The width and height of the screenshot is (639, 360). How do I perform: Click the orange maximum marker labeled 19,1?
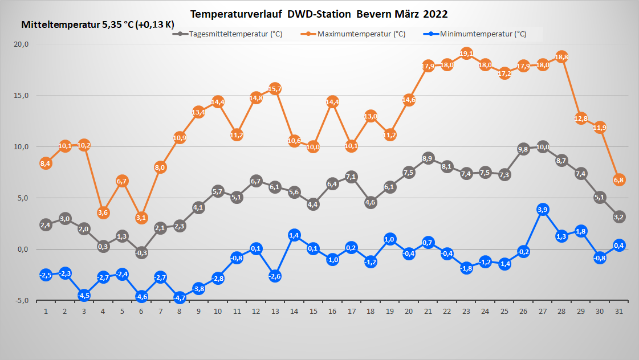point(466,54)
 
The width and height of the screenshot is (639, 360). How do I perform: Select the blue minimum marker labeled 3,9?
point(543,210)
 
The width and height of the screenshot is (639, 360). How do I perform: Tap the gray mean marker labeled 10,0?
point(543,147)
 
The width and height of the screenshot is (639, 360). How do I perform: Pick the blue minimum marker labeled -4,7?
point(180,297)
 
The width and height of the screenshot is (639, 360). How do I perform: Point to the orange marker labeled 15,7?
point(275,89)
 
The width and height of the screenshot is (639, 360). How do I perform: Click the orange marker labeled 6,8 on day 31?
point(619,180)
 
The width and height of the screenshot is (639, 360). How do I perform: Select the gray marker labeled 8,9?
point(428,158)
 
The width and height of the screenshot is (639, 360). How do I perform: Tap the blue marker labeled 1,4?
point(294,235)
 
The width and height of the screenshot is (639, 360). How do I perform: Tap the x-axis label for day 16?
point(332,311)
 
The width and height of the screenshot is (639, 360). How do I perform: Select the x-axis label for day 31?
point(619,311)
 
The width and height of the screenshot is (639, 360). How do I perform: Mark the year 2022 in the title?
point(436,13)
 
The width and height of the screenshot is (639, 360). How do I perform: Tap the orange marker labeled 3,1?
point(141,217)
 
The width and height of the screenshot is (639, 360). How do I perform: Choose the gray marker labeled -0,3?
point(141,253)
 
